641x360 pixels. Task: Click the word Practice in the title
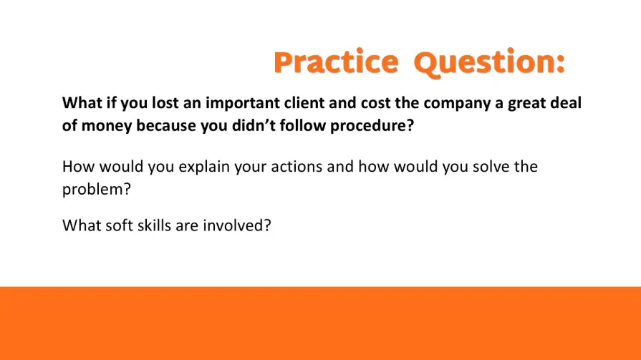pos(336,62)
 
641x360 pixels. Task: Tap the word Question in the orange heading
pos(483,63)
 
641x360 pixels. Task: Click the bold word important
pos(243,103)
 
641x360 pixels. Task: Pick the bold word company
pos(457,103)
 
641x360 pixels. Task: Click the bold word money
pos(107,126)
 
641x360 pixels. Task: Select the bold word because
pos(166,125)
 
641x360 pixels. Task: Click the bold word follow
pos(302,125)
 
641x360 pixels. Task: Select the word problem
pos(93,190)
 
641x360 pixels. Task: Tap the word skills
pos(154,225)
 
